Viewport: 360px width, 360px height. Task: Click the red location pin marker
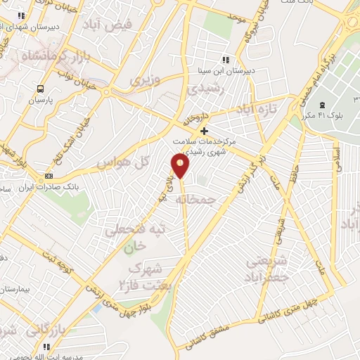[x=181, y=166]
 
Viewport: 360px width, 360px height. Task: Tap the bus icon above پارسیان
[x=40, y=89]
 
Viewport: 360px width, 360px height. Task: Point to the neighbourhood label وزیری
[x=144, y=79]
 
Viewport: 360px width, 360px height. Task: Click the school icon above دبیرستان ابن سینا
[x=225, y=60]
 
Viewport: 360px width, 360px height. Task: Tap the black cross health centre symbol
[x=204, y=131]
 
